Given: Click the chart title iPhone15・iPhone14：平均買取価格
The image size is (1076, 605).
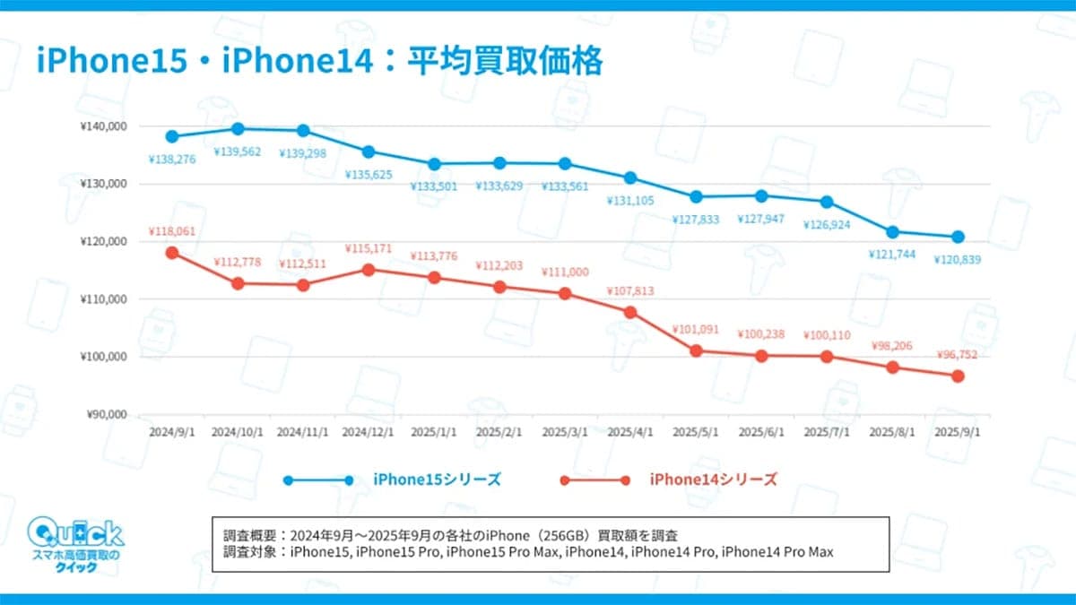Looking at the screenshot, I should [x=319, y=62].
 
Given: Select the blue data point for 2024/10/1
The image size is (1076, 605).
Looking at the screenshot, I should [x=237, y=129].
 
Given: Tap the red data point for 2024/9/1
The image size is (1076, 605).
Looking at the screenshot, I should [x=171, y=253].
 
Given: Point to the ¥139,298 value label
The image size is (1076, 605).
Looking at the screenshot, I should [x=302, y=153].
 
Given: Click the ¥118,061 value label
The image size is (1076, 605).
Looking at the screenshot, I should [x=171, y=231].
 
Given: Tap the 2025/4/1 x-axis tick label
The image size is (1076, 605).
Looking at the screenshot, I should [x=630, y=431].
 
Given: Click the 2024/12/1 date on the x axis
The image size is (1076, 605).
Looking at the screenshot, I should [x=368, y=431].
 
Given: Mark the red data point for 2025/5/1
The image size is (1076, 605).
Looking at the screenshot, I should [x=696, y=350].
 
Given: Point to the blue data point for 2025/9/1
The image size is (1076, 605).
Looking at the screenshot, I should [x=958, y=237].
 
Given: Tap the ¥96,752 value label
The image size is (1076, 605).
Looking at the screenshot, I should [x=958, y=354].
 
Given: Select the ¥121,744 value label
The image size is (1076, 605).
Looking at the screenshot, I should [x=892, y=255].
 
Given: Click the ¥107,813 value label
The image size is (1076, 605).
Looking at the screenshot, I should [x=630, y=290].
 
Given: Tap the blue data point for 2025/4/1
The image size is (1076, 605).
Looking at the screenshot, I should [x=630, y=177].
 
